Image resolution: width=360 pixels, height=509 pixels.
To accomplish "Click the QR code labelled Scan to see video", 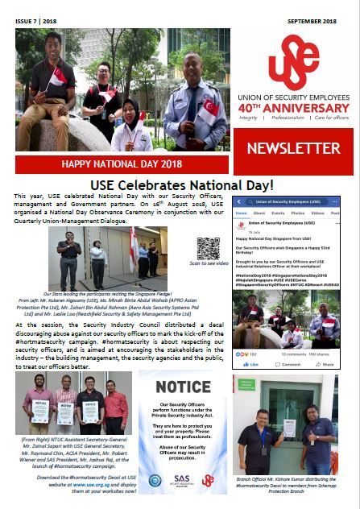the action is point(208,248).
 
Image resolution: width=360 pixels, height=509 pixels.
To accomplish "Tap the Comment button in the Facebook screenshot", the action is point(289,364).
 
